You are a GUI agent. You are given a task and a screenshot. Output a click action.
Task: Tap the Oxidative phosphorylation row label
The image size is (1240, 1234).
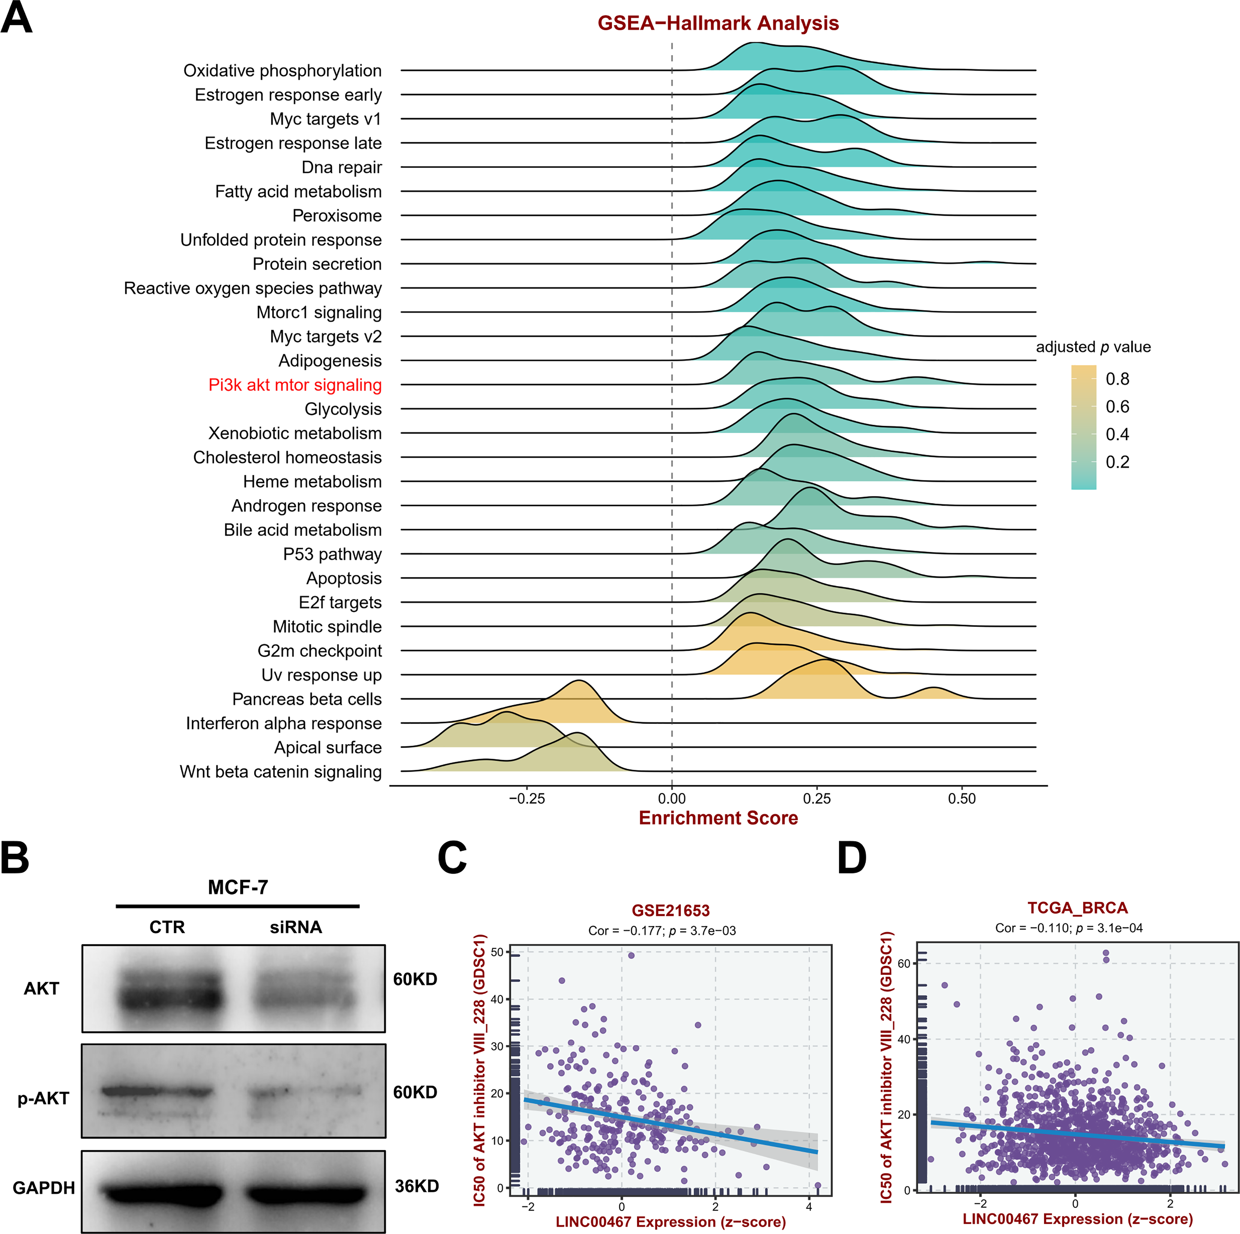(283, 70)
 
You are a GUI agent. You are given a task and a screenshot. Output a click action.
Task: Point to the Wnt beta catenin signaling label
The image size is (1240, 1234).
(280, 771)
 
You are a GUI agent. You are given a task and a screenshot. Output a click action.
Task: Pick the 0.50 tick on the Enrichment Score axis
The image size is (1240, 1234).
(961, 799)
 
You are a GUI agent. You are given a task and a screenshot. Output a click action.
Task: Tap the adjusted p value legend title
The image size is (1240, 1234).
(1093, 347)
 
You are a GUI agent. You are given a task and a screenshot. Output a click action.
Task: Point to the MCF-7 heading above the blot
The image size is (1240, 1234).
(237, 887)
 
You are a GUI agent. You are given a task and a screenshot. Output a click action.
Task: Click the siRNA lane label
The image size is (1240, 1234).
(296, 927)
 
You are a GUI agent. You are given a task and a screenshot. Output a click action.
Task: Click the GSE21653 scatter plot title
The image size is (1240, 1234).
(671, 911)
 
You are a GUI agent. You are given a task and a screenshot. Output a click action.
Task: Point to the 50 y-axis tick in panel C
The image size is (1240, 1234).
(497, 952)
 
